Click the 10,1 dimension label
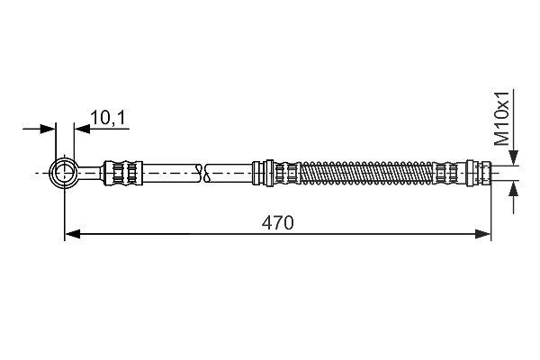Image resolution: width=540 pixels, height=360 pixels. click(x=108, y=118)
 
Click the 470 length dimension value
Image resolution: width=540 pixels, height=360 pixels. click(x=277, y=223)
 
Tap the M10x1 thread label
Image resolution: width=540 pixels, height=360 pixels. click(x=501, y=119)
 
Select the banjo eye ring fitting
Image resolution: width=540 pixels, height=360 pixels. click(x=64, y=173)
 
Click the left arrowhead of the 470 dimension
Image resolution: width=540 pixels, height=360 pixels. click(x=73, y=234)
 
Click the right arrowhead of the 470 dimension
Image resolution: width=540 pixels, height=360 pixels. click(x=482, y=234)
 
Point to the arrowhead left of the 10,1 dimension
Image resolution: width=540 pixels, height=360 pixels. click(x=48, y=130)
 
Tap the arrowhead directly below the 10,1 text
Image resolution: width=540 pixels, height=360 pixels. click(x=82, y=130)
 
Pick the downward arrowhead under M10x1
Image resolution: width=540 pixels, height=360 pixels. click(x=514, y=157)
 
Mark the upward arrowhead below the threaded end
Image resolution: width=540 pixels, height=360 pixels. click(x=514, y=190)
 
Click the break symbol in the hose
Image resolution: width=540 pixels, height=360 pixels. click(x=202, y=173)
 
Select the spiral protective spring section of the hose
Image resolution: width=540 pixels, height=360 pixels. click(x=367, y=173)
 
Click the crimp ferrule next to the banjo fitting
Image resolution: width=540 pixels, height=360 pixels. click(x=123, y=173)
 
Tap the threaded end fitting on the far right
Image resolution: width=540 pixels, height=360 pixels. click(x=479, y=173)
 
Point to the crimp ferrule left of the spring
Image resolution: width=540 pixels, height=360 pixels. click(x=287, y=173)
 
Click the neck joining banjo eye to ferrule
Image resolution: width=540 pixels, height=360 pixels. click(x=90, y=173)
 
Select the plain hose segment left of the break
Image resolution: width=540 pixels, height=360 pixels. click(x=171, y=173)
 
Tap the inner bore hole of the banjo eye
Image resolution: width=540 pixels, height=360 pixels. click(x=64, y=173)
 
